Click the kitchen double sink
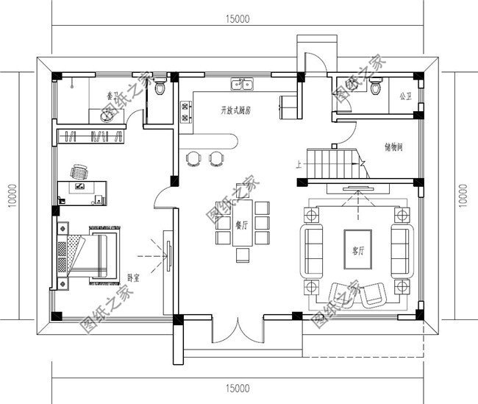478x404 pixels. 242,85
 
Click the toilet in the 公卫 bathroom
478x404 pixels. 376,88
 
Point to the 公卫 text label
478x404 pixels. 405,96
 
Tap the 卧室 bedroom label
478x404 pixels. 135,278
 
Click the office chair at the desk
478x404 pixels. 79,171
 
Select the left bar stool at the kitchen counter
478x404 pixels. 193,157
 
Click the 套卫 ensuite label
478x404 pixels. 111,96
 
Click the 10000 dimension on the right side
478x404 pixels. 463,194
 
